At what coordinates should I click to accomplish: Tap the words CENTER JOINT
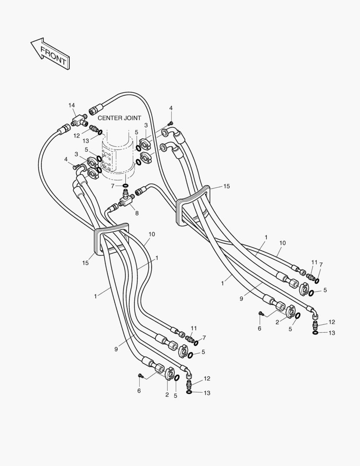119,118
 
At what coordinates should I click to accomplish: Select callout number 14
72,105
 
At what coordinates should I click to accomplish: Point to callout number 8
137,213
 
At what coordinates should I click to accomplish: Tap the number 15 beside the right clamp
226,186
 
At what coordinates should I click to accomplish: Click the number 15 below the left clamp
86,263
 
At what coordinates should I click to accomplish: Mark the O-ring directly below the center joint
125,186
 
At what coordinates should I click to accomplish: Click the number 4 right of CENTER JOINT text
171,107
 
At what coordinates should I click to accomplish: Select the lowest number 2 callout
167,394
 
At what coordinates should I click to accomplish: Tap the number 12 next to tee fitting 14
76,135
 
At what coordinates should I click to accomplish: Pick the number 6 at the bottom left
139,390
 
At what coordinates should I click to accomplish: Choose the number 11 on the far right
314,262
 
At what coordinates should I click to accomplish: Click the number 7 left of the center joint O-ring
113,186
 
